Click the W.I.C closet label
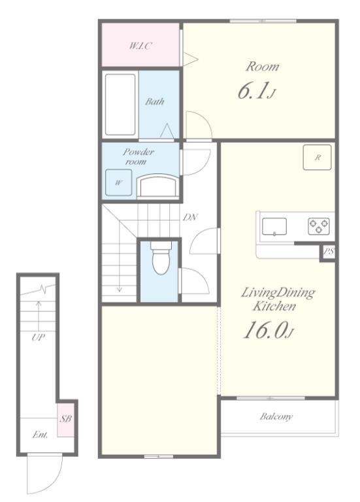point(140,46)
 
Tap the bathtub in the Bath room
point(120,105)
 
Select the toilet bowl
point(161,258)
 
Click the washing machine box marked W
point(119,182)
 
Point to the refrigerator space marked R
point(317,157)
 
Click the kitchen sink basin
point(274,226)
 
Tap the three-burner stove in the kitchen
point(319,226)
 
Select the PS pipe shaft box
point(328,252)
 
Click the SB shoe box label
point(66,418)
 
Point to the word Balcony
point(276,416)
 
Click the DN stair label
point(190,218)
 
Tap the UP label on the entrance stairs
point(38,337)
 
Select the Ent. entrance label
point(40,435)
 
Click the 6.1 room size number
point(252,91)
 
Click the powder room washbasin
point(157,186)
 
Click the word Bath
point(155,102)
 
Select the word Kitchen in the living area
point(274,306)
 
